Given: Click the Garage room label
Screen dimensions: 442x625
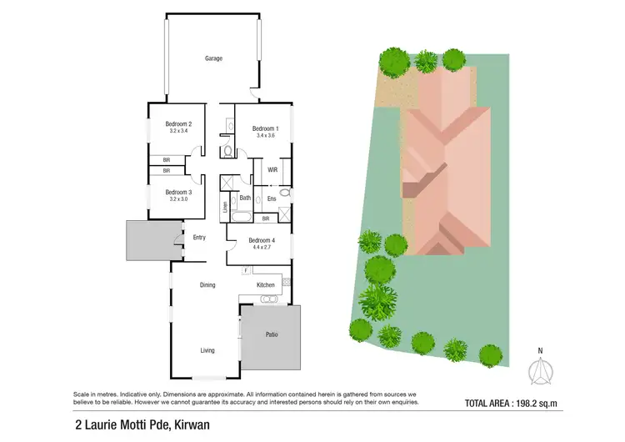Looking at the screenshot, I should coord(214,58).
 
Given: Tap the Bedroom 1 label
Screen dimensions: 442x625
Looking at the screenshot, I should coord(266,128).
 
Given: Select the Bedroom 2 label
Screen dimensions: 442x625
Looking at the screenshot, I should coord(179,123).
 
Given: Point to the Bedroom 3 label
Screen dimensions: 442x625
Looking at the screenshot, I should coord(179,192).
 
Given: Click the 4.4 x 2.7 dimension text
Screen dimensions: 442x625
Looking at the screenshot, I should coord(262,248).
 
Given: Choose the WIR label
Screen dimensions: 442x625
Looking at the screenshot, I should coord(272,170).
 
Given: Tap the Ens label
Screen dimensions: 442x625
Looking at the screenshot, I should coord(272,198).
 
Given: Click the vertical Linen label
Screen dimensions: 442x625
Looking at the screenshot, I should coord(225,207).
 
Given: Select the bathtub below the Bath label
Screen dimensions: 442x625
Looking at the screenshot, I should coord(242,217).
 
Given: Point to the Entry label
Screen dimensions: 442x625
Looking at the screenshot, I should coord(199,238).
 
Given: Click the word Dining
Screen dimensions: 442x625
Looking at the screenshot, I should coord(207,285).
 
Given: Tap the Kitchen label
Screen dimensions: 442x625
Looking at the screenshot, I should coord(266,285).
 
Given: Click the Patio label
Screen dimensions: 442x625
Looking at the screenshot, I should coord(272,334).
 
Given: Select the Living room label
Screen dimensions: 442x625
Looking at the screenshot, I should coord(207,350).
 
